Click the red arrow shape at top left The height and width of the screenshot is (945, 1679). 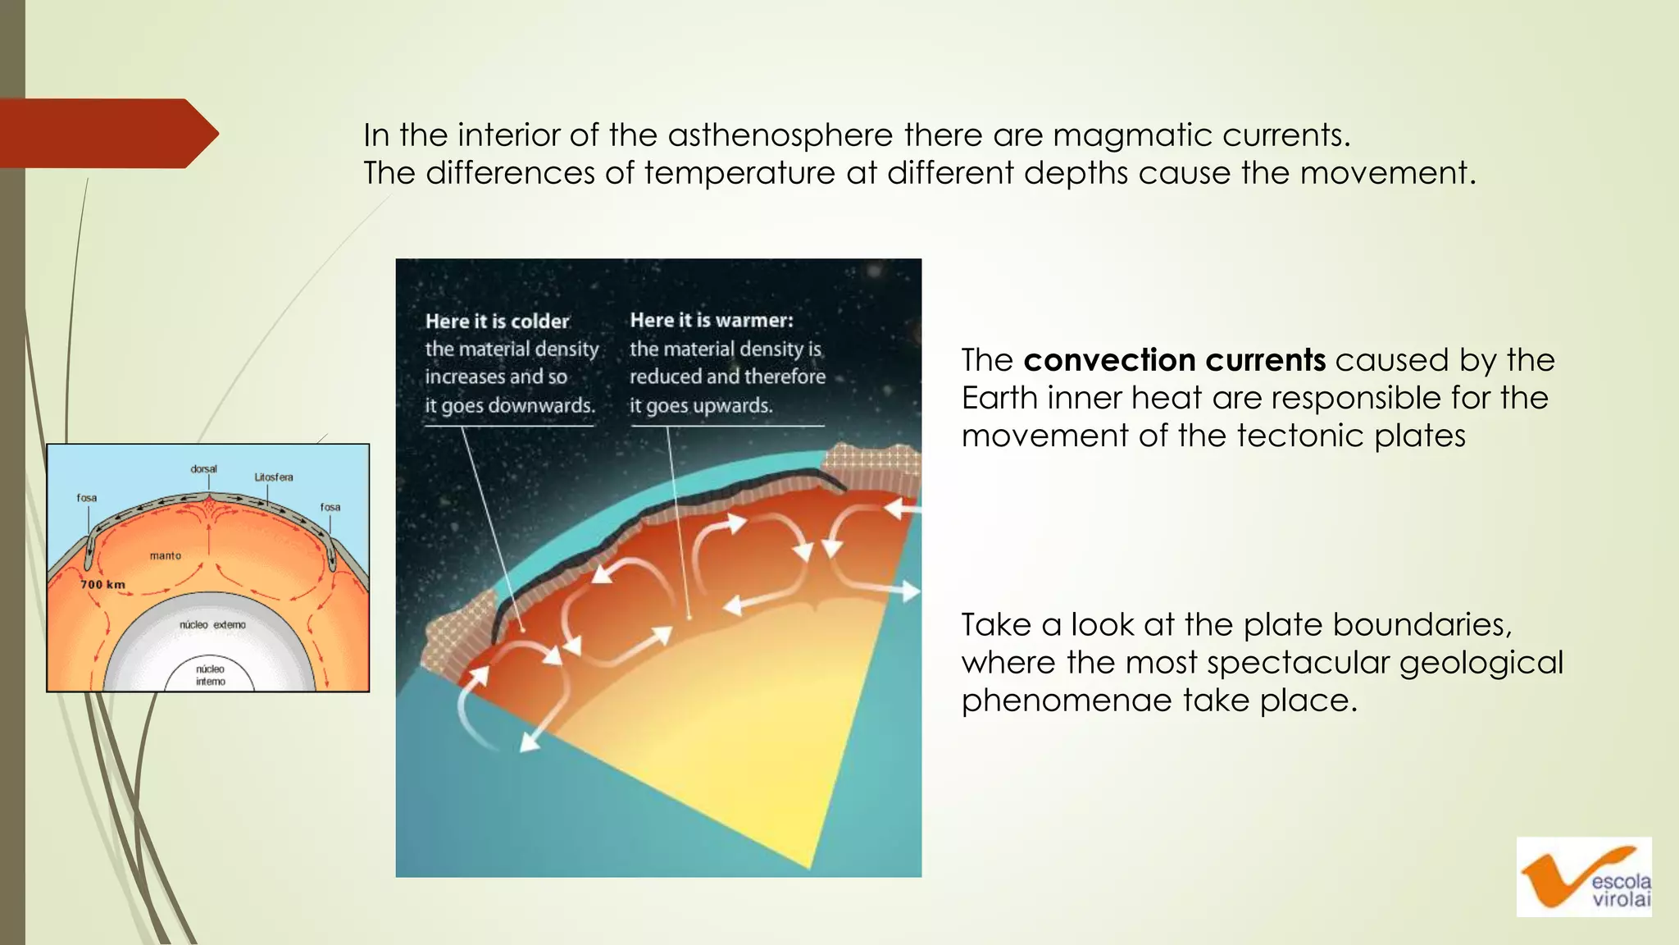[x=102, y=133]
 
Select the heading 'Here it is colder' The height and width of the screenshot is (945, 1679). [x=497, y=322]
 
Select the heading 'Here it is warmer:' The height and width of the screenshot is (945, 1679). [x=711, y=320]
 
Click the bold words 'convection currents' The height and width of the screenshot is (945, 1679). [x=1174, y=360]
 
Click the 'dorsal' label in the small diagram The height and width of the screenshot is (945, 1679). [x=203, y=469]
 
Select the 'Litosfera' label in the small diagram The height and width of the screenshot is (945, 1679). [x=273, y=477]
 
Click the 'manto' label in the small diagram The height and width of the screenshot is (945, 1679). [x=165, y=556]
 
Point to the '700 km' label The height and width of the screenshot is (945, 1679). [x=103, y=585]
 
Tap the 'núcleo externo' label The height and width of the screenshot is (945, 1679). [x=212, y=625]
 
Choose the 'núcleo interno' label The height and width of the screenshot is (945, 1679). [x=210, y=675]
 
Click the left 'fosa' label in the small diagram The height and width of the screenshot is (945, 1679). [x=87, y=498]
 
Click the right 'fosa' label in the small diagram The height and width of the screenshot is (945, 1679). [x=330, y=507]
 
